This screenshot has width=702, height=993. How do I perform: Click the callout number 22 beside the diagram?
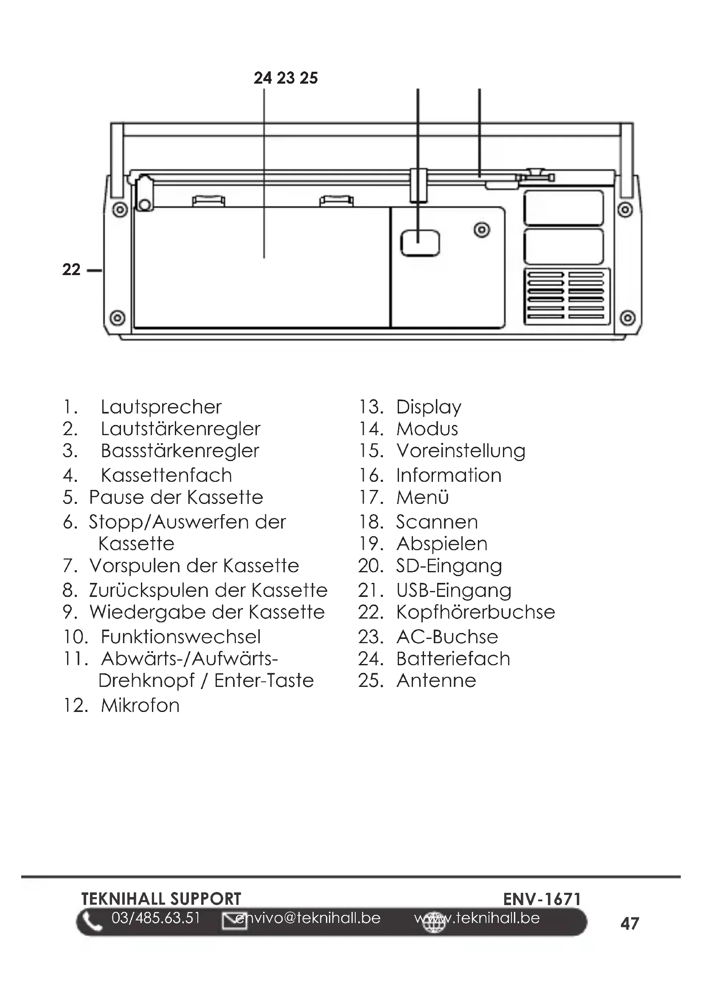point(71,270)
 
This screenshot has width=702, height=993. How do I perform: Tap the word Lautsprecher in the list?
point(161,407)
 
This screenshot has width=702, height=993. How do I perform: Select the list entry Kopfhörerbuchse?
point(475,612)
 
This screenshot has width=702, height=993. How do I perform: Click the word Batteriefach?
point(453,659)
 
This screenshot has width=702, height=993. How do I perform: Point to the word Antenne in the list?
point(436,680)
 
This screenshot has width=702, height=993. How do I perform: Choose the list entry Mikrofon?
point(140,706)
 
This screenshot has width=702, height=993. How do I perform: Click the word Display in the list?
point(428,407)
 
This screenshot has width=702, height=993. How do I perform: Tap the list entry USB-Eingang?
point(453,591)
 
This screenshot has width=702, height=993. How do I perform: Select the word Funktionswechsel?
point(181,637)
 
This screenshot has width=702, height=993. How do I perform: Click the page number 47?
point(629,923)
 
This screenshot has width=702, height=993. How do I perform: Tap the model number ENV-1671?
point(542,899)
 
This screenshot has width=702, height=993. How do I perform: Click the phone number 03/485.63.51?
point(156,918)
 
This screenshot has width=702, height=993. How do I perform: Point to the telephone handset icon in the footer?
point(92,922)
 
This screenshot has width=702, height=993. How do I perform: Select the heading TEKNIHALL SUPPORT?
point(161,899)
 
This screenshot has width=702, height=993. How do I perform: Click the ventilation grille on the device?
point(566,297)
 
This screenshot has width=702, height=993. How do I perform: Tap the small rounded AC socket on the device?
point(420,243)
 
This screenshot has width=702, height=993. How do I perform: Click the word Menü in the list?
point(422,498)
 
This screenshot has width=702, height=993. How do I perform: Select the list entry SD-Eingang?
point(449,565)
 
